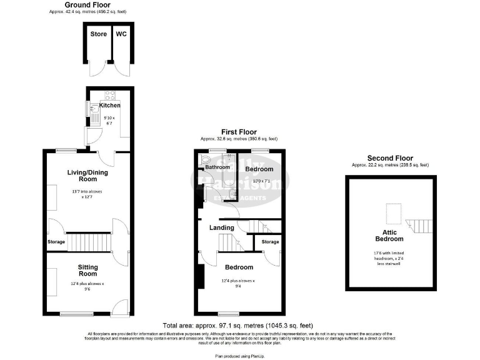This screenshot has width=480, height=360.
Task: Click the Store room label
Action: click(98, 34)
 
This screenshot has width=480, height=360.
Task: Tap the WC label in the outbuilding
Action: click(121, 34)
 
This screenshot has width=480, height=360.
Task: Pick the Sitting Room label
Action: click(87, 270)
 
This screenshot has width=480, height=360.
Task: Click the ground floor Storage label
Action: click(56, 241)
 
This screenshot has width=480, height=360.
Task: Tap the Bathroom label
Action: click(218, 167)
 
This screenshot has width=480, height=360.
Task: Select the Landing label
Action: click(222, 227)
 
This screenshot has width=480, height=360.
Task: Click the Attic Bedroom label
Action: click(389, 234)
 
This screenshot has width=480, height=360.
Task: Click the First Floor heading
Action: click(238, 132)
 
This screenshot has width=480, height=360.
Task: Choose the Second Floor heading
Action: click(390, 158)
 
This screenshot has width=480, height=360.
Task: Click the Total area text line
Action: click(237, 326)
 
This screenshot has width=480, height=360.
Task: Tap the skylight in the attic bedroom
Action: click(392, 214)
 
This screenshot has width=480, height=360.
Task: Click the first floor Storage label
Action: click(270, 241)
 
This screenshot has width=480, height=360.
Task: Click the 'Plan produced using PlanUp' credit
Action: click(240, 356)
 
